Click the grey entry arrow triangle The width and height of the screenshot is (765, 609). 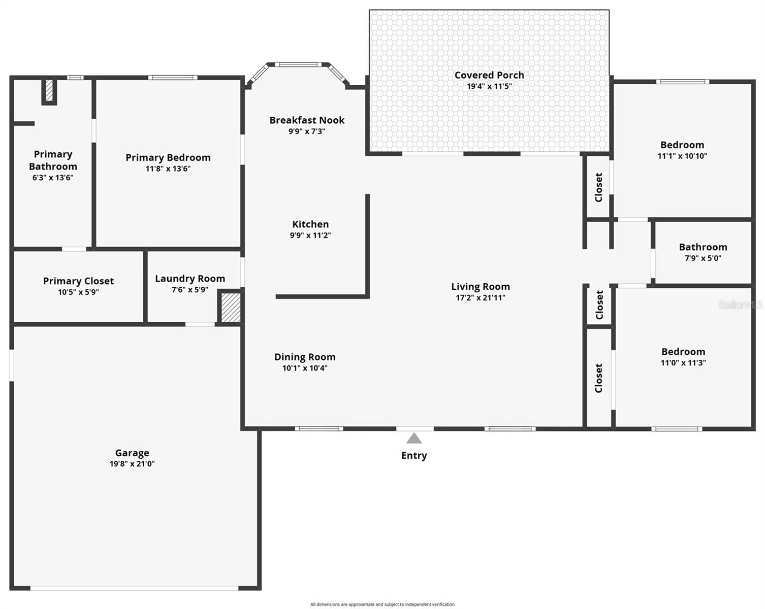(414, 438)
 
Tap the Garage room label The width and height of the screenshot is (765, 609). (132, 453)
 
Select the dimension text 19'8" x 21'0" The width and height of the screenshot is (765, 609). (132, 464)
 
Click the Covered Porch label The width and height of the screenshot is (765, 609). (489, 75)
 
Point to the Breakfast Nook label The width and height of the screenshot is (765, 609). (307, 120)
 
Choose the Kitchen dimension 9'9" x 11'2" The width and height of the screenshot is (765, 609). (310, 235)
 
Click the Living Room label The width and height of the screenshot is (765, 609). (481, 287)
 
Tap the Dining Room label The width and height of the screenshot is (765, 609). (305, 357)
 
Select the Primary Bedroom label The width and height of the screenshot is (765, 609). (168, 158)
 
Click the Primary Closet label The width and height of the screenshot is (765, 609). (78, 281)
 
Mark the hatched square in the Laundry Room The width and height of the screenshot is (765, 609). (230, 307)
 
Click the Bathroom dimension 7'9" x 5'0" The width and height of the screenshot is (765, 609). (703, 258)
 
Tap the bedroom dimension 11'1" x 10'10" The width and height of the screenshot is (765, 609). (682, 156)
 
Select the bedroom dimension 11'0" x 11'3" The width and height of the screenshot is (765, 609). (683, 363)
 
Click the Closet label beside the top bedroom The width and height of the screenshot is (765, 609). (598, 187)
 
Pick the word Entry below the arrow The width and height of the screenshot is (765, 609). (414, 456)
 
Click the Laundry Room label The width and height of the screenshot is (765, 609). (190, 279)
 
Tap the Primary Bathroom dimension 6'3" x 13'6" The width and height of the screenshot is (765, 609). (53, 178)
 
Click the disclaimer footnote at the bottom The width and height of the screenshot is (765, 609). (382, 604)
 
